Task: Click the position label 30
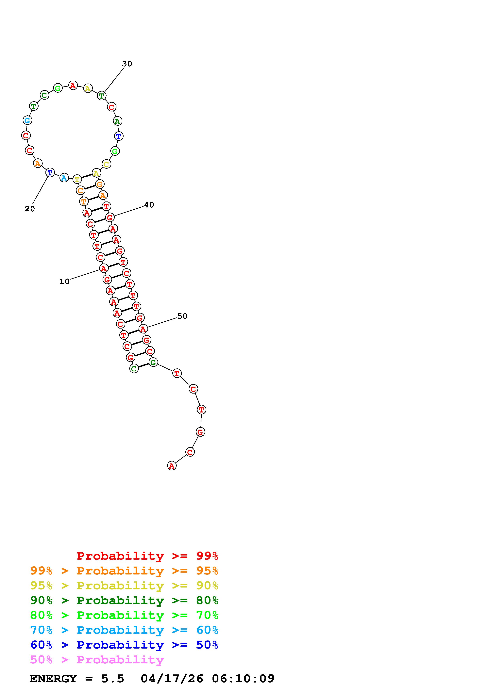[127, 64]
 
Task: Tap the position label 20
[30, 209]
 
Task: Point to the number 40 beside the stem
[149, 205]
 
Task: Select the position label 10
[64, 282]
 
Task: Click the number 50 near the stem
[182, 316]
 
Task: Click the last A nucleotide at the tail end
[172, 466]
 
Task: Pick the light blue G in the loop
[27, 120]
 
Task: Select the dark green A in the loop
[117, 121]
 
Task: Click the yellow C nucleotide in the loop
[106, 164]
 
